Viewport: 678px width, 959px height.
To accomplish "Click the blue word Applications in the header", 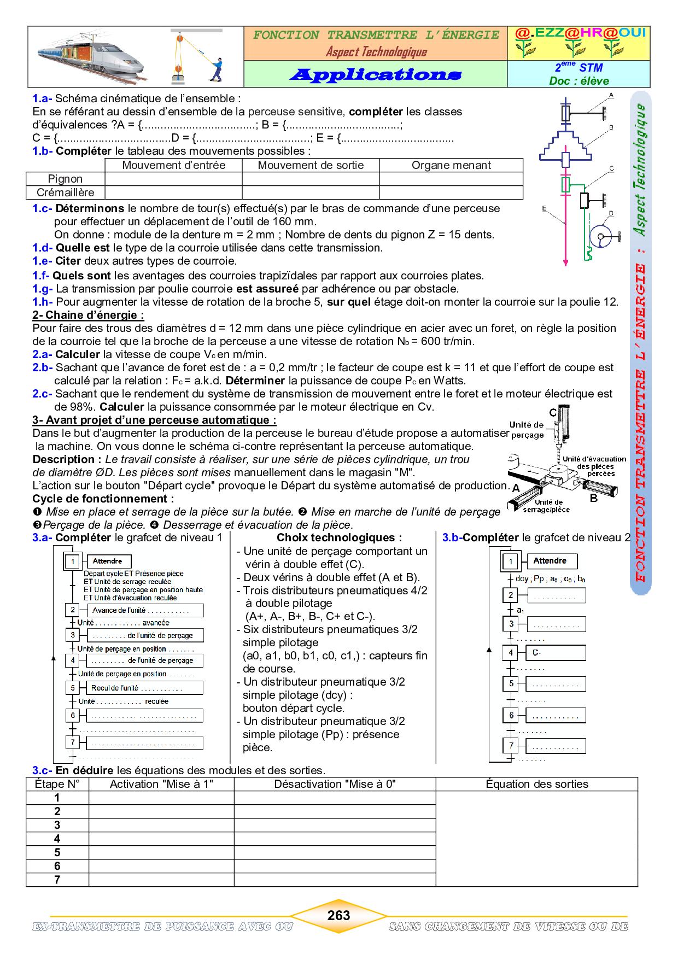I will pos(375,75).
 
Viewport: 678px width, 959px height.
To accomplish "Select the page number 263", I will pos(338,915).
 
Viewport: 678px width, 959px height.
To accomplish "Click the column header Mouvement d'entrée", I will pos(173,165).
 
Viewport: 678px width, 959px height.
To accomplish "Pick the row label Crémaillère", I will pos(65,192).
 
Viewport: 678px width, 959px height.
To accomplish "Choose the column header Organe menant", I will pos(451,165).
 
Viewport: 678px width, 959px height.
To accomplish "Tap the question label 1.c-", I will pos(42,208).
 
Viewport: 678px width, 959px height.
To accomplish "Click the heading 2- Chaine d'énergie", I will pos(88,315).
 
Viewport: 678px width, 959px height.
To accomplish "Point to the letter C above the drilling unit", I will pos(553,413).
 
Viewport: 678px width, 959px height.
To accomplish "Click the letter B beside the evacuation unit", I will pos(594,498).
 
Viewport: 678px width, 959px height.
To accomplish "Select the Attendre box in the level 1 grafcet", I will pos(107,561).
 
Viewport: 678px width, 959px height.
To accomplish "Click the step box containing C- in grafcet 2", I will pos(556,653).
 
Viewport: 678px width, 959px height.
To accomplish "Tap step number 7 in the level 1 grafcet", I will pos(72,742).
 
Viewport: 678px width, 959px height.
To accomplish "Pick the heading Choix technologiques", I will pos(339,537).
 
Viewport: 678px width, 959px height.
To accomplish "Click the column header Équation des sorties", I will pos(536,784).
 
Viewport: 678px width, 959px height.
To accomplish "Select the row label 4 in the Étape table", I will pos(57,839).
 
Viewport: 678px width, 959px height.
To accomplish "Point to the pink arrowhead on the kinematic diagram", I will pos(565,263).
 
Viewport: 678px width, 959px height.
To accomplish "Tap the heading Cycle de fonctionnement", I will pos(103,499).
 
